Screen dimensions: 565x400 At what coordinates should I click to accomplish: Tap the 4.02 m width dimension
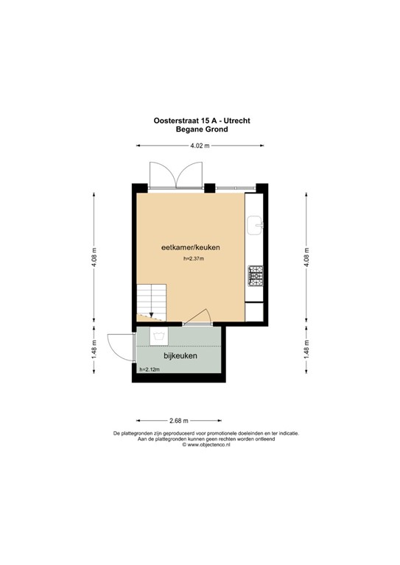click(x=200, y=146)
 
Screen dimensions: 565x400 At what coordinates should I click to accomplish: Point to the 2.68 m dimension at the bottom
click(x=179, y=420)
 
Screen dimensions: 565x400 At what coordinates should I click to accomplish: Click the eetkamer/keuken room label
click(x=191, y=248)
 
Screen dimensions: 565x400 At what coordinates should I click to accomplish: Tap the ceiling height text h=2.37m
click(x=193, y=259)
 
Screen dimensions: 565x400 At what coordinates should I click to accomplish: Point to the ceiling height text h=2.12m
click(x=150, y=369)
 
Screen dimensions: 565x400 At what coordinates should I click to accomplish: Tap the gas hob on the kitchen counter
click(x=256, y=276)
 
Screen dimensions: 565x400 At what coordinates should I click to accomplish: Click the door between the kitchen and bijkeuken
click(x=197, y=316)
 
